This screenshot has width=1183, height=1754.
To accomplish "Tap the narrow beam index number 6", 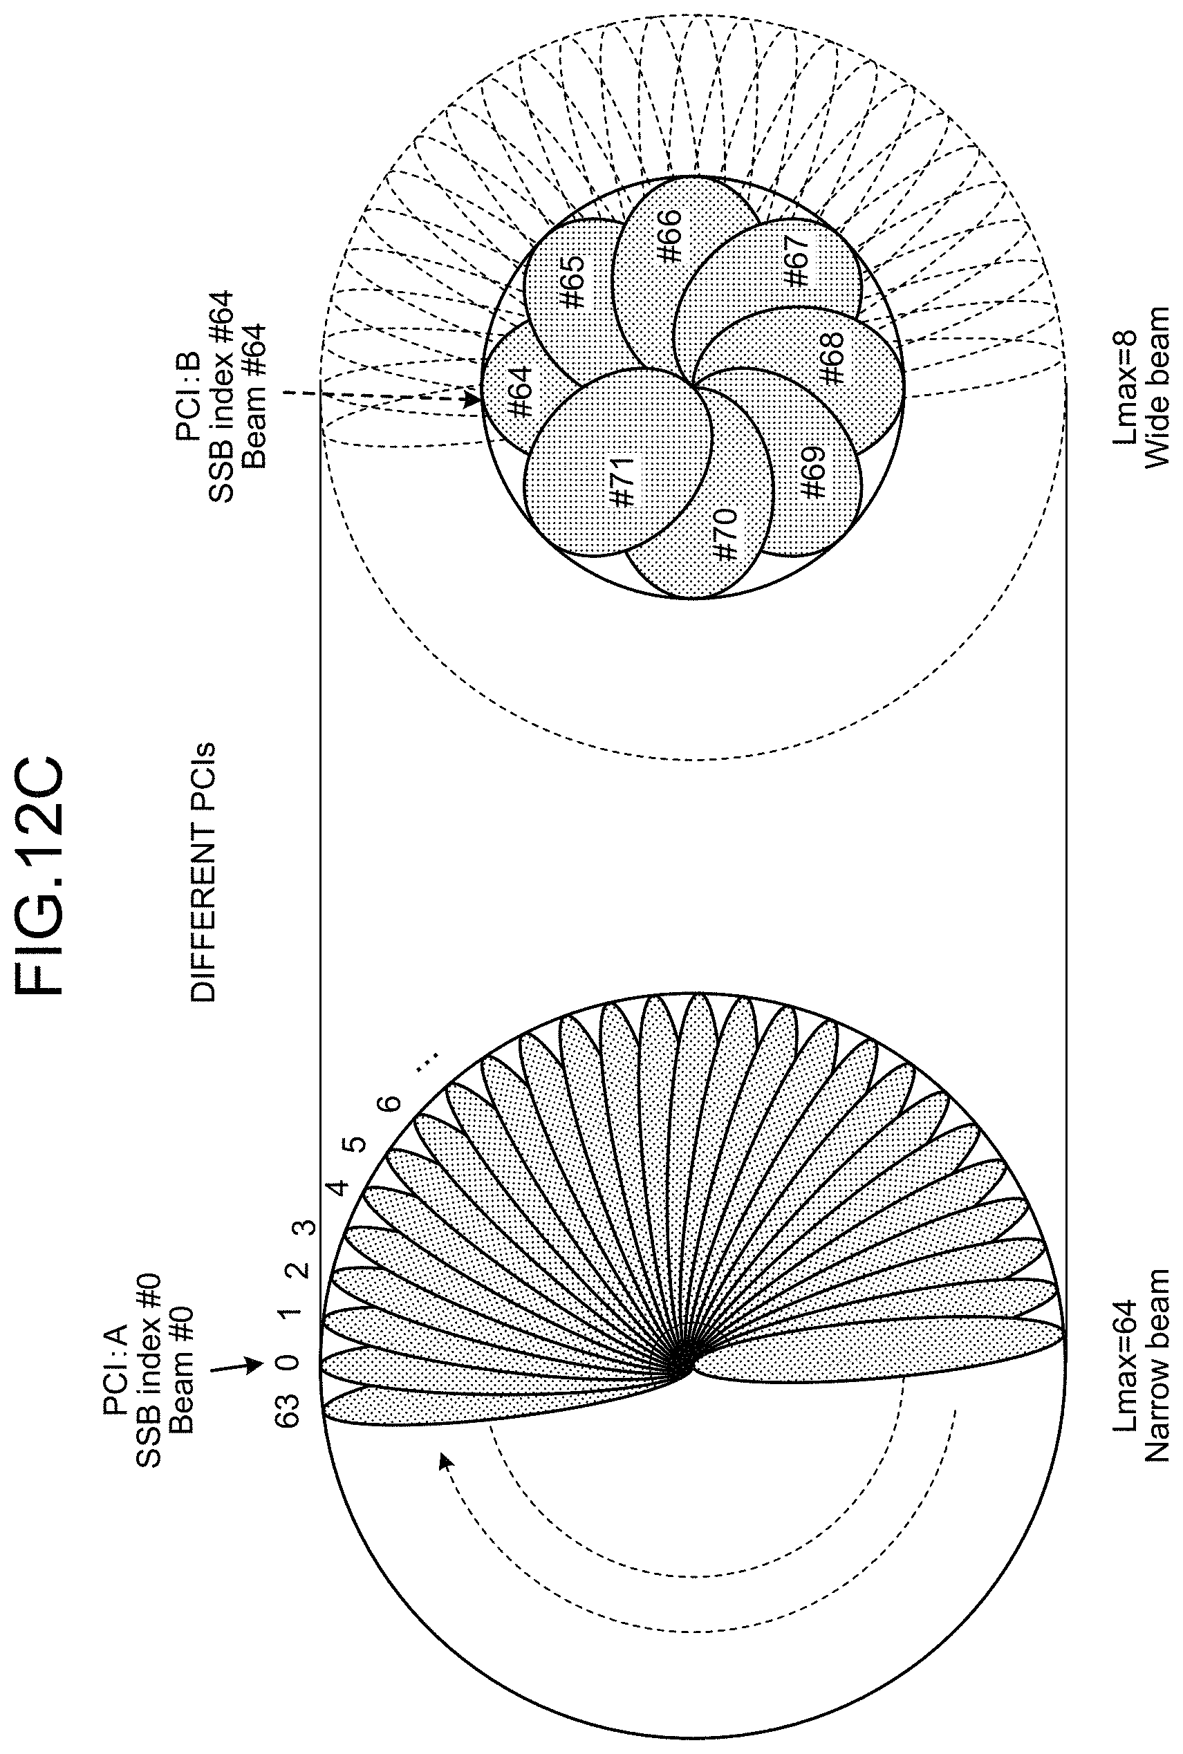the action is (389, 1102).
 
